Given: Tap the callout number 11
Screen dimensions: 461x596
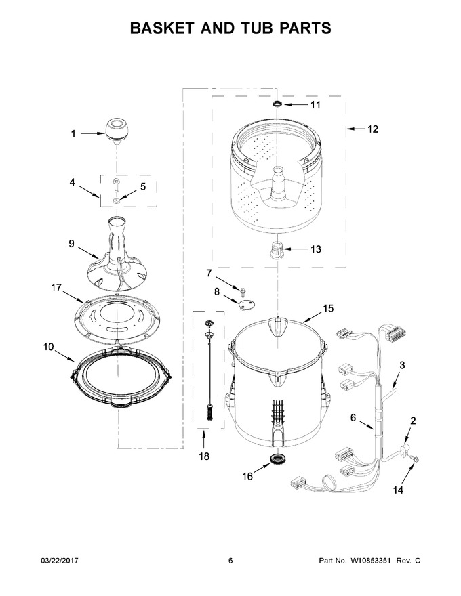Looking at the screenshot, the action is tap(315, 105).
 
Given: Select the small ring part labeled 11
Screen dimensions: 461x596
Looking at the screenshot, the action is tap(277, 104).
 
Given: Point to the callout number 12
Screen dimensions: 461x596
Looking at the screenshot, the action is tap(373, 129).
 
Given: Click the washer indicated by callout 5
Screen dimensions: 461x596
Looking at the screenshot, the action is tap(117, 200).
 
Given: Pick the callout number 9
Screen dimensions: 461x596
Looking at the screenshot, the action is tap(71, 243).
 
